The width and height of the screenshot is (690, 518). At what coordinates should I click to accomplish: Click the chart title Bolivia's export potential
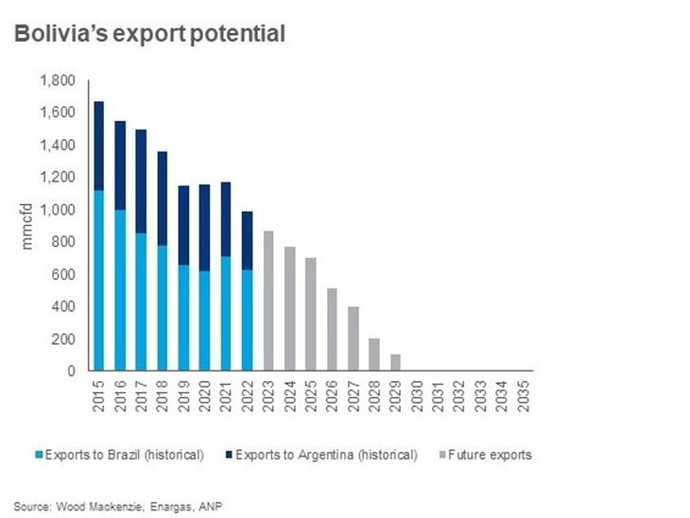point(149,35)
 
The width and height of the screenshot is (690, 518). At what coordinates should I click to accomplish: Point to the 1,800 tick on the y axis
point(58,81)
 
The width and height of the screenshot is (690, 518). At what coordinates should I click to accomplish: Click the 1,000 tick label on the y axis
point(58,210)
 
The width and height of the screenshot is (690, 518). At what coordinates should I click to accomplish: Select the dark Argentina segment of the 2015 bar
point(99,146)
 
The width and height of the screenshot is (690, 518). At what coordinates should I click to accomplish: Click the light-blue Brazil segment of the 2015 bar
point(99,280)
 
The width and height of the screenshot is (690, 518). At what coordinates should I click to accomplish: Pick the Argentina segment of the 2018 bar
point(162,198)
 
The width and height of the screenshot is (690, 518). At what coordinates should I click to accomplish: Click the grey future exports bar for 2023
point(267,301)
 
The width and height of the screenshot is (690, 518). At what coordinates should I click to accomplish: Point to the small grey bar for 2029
point(394,362)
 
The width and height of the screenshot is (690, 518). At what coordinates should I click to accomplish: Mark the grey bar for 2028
point(373,354)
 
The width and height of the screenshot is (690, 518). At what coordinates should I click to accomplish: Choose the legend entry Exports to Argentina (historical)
point(326,455)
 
